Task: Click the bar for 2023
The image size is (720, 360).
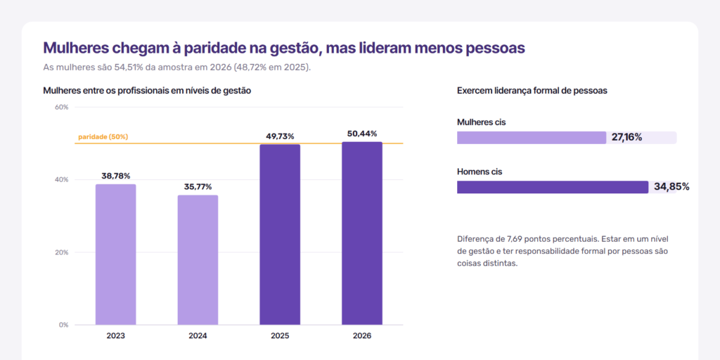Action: (x=116, y=255)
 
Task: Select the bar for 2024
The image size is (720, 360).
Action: (x=198, y=260)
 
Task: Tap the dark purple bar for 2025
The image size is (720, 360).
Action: (x=280, y=235)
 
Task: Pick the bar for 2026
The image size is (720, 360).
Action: (x=362, y=233)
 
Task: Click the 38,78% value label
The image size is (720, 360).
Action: (x=116, y=176)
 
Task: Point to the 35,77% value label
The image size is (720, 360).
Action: (x=198, y=187)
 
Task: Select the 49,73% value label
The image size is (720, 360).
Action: (x=280, y=136)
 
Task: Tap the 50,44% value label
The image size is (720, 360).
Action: (x=362, y=134)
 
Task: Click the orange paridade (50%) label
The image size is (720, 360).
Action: (x=103, y=137)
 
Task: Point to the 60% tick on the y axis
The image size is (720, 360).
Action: (x=62, y=107)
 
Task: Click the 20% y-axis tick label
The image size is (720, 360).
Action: (x=62, y=252)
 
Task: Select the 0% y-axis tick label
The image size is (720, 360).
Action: (x=64, y=325)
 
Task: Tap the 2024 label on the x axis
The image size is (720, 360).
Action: (x=198, y=335)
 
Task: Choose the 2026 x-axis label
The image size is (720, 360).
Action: (x=362, y=335)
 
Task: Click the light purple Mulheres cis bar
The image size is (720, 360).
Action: (x=532, y=138)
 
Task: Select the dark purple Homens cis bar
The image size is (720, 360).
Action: (x=553, y=187)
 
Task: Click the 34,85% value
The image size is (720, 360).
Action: (x=671, y=186)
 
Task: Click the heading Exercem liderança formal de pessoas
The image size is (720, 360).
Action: (x=532, y=91)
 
